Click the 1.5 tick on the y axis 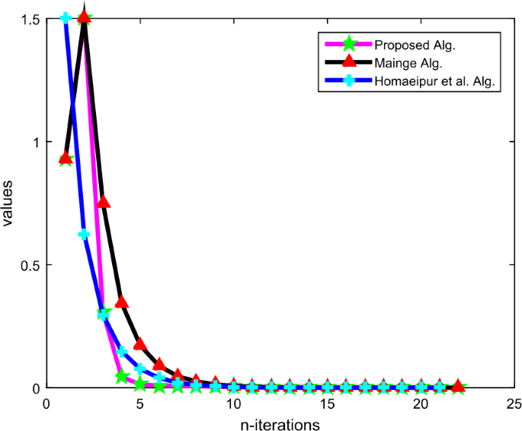(x=30, y=18)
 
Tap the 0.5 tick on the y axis (x=30, y=265)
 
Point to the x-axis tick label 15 (x=326, y=403)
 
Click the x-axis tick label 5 (x=140, y=403)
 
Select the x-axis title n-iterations (x=278, y=423)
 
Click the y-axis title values (x=8, y=203)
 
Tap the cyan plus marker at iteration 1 (x=66, y=18)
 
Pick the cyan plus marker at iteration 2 (x=85, y=234)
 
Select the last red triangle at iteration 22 (x=457, y=387)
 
